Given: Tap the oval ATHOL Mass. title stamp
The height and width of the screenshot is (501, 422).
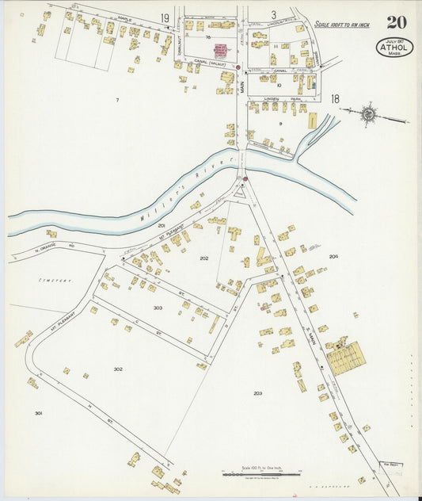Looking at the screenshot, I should point(394,48).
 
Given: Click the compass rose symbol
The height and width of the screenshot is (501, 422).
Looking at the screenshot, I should point(368,114).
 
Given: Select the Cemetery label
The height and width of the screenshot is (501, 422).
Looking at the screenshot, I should point(57,281).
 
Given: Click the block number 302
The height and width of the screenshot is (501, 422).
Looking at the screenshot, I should point(118,369).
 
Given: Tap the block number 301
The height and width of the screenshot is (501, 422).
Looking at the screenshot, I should point(38,413).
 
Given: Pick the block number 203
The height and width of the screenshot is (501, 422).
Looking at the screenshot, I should point(257,393).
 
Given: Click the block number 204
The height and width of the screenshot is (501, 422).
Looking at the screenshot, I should point(333,256).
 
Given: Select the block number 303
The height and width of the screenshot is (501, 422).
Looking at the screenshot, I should point(158,308).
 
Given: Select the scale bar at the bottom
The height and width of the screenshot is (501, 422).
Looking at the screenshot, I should point(261,473).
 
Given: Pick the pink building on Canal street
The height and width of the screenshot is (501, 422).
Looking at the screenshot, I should point(219,50).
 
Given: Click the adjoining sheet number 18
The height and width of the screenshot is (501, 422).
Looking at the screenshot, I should point(335,99).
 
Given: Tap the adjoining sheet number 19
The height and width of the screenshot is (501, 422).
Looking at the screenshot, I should point(165,17).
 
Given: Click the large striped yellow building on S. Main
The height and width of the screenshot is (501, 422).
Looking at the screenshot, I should point(346,358).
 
